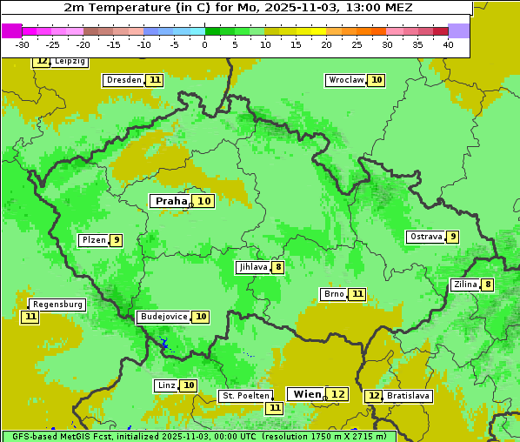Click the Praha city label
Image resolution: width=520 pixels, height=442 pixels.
pos(170,201)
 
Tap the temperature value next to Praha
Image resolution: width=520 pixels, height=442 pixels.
pos(203,201)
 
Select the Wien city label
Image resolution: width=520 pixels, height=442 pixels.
pos(307,394)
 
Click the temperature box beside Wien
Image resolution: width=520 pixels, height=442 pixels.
pos(337,394)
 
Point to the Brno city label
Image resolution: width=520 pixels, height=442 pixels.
pos(334,294)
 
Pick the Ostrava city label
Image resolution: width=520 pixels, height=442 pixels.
pos(425,237)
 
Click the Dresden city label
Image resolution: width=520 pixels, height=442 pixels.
pos(123,80)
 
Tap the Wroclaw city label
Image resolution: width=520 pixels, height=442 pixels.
pos(345,80)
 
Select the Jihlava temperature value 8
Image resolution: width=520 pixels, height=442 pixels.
pos(277,267)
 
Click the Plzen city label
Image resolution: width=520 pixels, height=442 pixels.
pos(93,240)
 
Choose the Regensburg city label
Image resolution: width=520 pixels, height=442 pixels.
pos(57,305)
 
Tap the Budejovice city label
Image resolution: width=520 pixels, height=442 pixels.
pos(163,317)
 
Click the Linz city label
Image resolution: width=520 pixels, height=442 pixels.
pos(166,385)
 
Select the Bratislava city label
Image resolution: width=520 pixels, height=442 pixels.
pos(409,396)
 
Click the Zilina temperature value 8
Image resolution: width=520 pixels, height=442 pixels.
pos(488,285)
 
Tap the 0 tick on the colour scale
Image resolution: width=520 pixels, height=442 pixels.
pos(205,44)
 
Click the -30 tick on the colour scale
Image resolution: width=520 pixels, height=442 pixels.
pos(23,44)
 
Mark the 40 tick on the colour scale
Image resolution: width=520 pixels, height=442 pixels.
pos(448,44)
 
